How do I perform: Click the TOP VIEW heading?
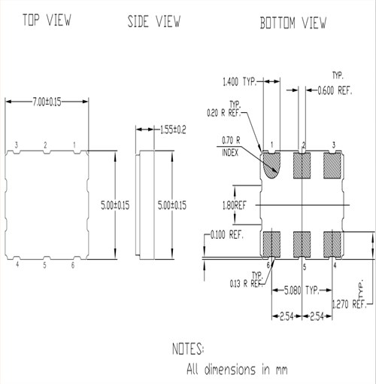47,20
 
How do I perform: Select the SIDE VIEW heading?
154,21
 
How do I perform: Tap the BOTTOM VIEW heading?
293,23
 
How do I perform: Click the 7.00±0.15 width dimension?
47,100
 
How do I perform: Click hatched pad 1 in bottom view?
273,164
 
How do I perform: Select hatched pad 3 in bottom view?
333,163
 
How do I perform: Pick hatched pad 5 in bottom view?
303,243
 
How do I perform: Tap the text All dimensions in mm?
237,370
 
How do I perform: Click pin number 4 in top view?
16,264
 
